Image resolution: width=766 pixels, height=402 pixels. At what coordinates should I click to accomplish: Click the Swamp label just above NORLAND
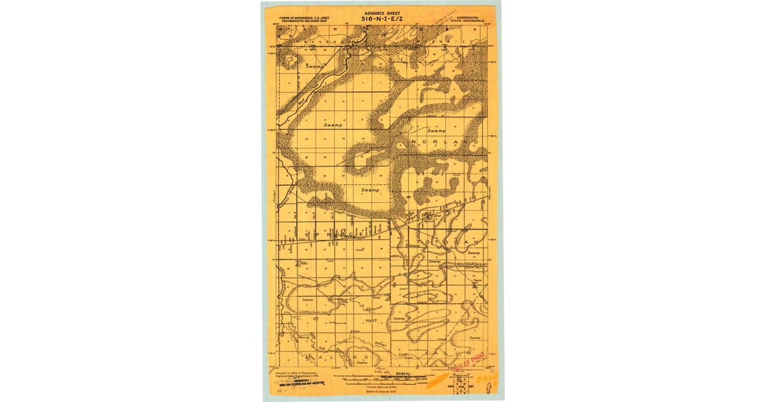(x=437, y=130)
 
